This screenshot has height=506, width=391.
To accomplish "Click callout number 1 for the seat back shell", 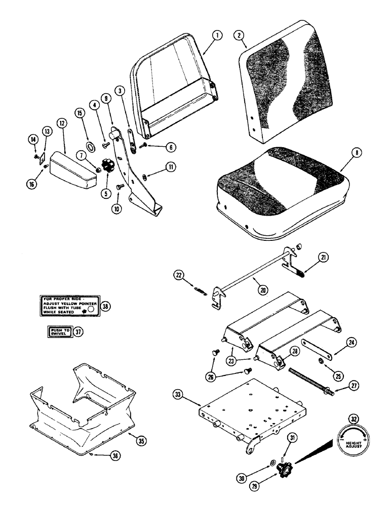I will (216, 35).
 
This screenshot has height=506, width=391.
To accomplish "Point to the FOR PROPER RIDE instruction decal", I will (67, 306).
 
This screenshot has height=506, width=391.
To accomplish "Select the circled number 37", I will (78, 332).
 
